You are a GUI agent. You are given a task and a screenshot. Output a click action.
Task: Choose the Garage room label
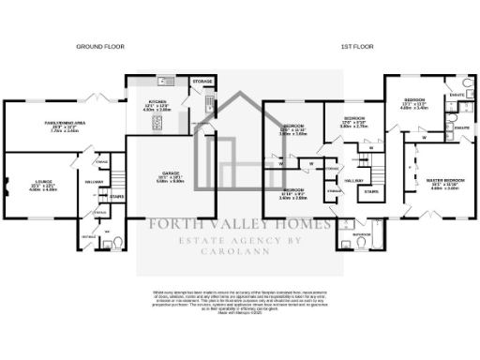click(x=171, y=176)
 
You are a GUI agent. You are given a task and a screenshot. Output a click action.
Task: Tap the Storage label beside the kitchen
click(x=202, y=82)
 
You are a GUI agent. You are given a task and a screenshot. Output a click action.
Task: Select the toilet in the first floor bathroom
click(x=362, y=244)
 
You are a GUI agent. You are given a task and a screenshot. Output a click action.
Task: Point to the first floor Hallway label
click(x=353, y=179)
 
